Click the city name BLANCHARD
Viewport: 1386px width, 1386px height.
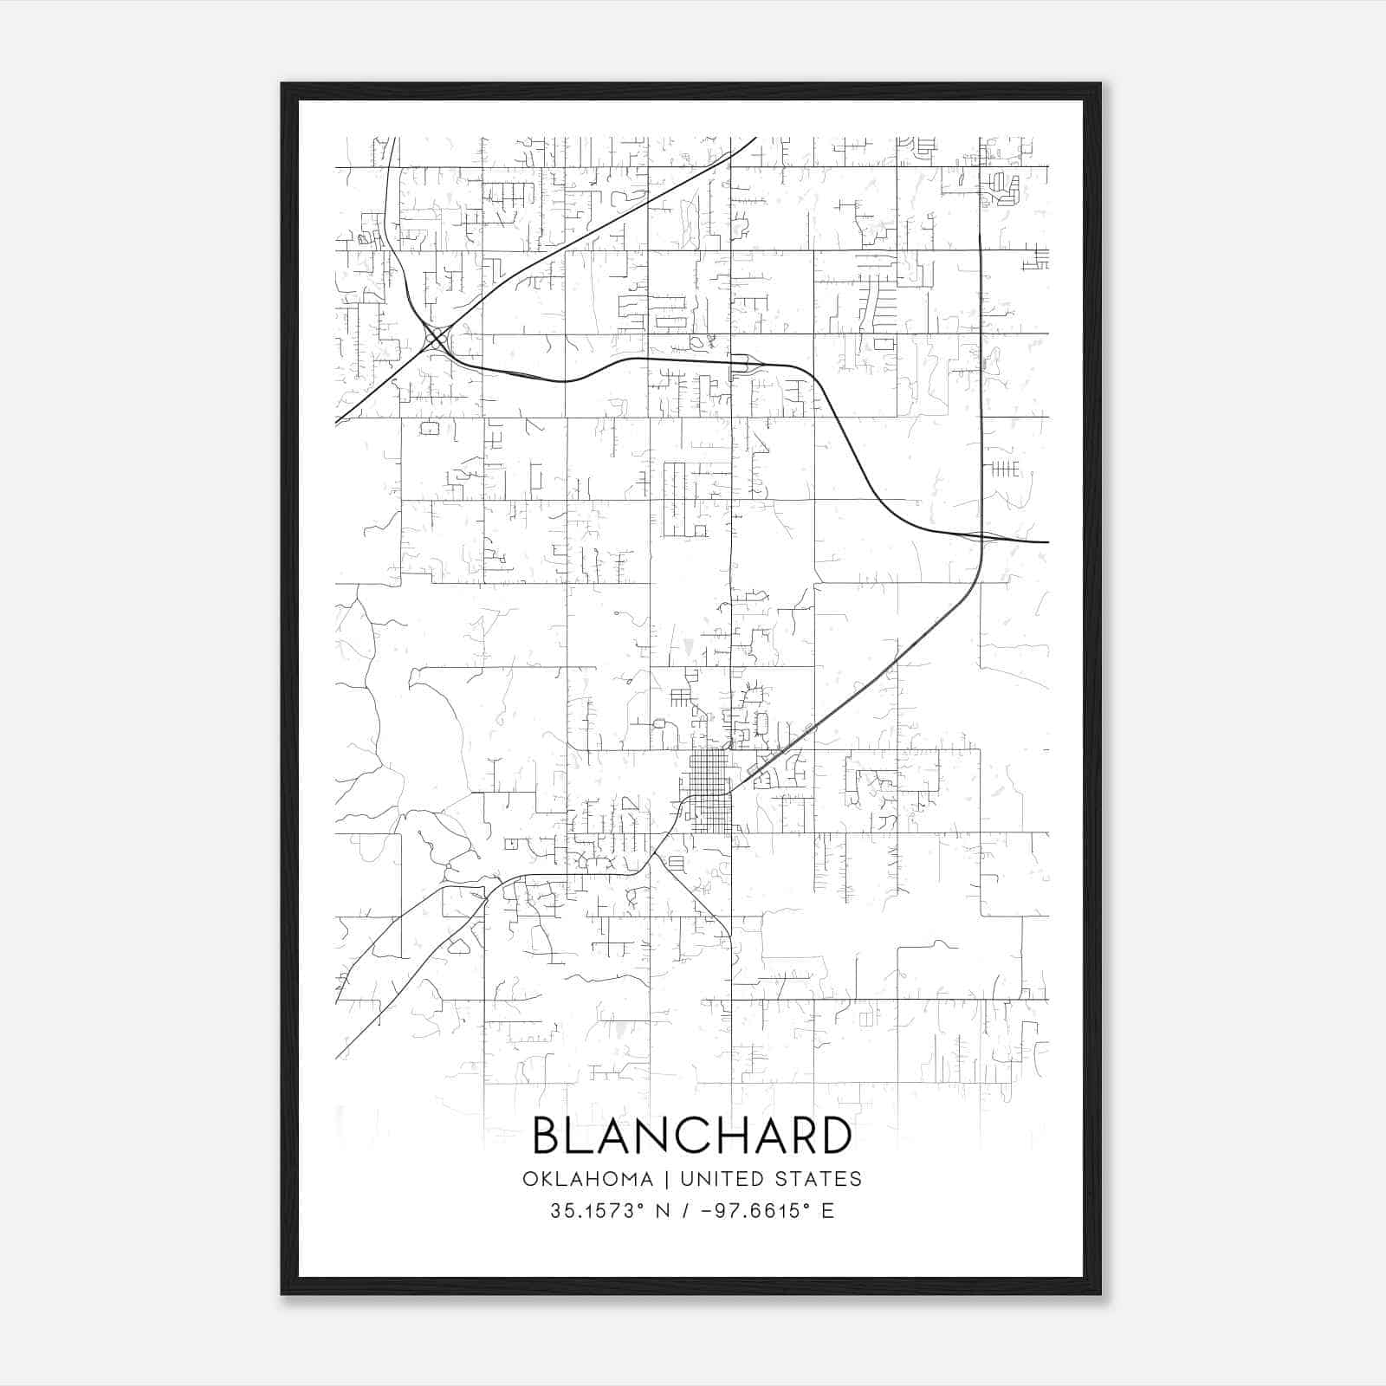click(x=691, y=1136)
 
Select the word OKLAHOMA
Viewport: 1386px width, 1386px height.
click(x=587, y=1179)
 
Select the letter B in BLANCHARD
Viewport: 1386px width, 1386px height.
click(x=547, y=1136)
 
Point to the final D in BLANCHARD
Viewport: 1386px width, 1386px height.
click(x=834, y=1136)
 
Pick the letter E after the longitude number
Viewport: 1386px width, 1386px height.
click(x=828, y=1211)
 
